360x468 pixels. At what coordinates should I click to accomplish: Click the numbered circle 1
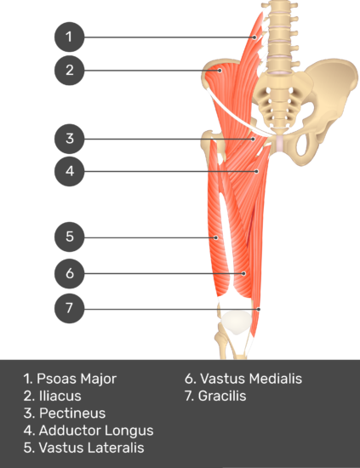tap(69, 37)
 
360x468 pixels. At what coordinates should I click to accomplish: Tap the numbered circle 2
tap(69, 70)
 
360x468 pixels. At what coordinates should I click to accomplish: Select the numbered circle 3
tap(69, 139)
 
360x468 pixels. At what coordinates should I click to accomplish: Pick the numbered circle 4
tap(69, 171)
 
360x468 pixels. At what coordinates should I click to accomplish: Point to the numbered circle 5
tap(69, 237)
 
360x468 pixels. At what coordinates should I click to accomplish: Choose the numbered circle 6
tap(69, 273)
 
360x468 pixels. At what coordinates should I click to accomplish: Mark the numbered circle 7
tap(69, 308)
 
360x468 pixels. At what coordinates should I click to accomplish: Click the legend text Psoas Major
tap(77, 379)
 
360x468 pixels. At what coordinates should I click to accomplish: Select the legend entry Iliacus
tap(60, 396)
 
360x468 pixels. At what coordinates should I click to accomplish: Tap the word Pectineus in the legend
tap(72, 414)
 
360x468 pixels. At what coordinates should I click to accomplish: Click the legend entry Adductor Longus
tap(96, 431)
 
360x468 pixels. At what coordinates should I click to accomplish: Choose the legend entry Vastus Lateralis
tap(92, 448)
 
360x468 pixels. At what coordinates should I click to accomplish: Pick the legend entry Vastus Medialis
tap(251, 379)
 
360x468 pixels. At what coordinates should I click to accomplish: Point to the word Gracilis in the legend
tap(222, 396)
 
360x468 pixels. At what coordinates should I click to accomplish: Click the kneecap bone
tap(236, 322)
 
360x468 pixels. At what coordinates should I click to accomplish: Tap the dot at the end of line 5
tap(216, 237)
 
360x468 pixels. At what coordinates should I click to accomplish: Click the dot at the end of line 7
tap(259, 309)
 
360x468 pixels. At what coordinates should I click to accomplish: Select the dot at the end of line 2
tap(220, 71)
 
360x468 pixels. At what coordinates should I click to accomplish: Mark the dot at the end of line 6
tap(244, 273)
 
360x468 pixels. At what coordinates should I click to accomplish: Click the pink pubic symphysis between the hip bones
tap(279, 143)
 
